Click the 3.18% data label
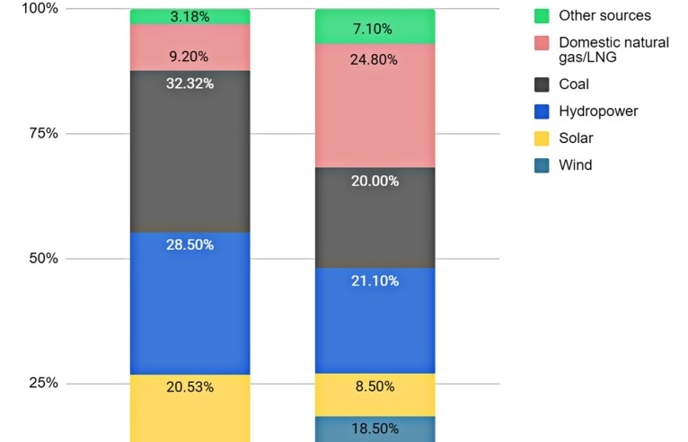click(x=190, y=16)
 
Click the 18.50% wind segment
click(x=375, y=429)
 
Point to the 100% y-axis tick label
click(x=40, y=8)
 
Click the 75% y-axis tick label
click(x=43, y=133)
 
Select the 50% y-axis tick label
click(x=43, y=258)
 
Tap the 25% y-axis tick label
click(x=43, y=383)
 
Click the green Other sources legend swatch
click(x=541, y=16)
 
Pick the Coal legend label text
click(x=574, y=84)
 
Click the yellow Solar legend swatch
click(x=541, y=138)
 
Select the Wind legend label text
click(x=575, y=165)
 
